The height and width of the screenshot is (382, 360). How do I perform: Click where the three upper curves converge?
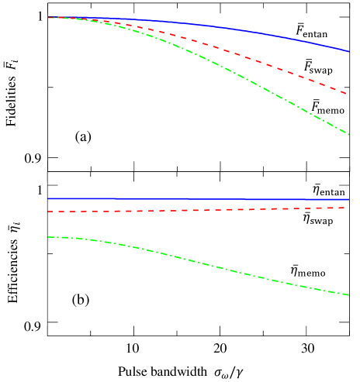50,17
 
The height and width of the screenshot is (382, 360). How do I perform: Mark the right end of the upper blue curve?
348,51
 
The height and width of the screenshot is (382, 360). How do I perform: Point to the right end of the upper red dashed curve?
347,93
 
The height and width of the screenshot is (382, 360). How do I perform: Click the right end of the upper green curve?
348,134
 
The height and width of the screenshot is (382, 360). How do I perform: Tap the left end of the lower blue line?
49,199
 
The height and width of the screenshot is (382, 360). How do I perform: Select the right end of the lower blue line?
348,199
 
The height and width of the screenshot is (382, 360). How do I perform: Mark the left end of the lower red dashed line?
49,212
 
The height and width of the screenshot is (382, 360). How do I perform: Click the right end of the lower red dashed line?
347,208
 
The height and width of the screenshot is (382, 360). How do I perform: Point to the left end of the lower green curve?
49,237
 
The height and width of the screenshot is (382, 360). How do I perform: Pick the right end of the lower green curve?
348,294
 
